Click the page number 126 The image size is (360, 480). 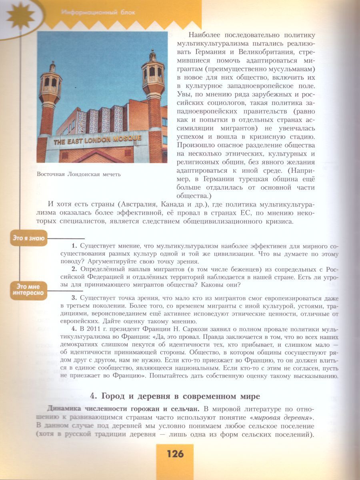pyautogui.click(x=175, y=454)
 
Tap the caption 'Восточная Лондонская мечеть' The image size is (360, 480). pyautogui.click(x=78, y=174)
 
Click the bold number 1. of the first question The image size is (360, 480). pyautogui.click(x=74, y=245)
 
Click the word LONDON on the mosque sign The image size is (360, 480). pyautogui.click(x=93, y=140)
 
